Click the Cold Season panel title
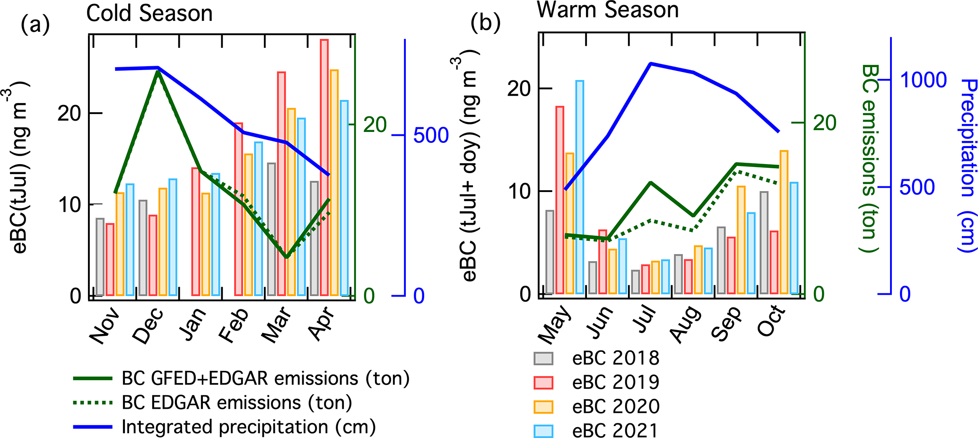[x=149, y=13]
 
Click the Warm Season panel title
[x=607, y=9]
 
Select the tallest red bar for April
[x=324, y=167]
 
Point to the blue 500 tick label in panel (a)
[x=431, y=135]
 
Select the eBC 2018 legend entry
[x=615, y=358]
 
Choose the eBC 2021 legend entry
[x=615, y=430]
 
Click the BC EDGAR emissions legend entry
[x=236, y=403]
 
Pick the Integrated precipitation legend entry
[x=248, y=427]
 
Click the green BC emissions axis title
[x=869, y=158]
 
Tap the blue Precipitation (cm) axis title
[x=968, y=166]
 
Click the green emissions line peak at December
[x=157, y=71]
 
